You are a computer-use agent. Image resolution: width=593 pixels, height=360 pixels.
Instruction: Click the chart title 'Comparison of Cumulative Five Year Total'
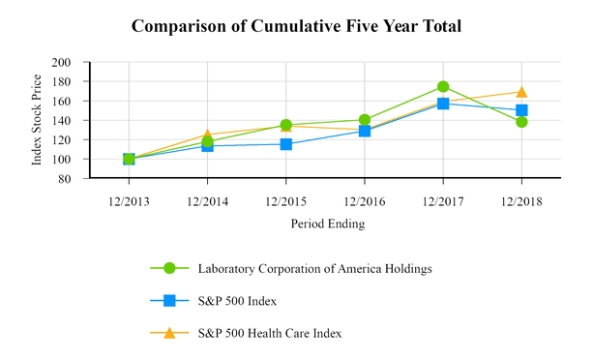pyautogui.click(x=296, y=25)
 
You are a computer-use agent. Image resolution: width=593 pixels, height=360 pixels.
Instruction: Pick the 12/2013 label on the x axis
pyautogui.click(x=129, y=201)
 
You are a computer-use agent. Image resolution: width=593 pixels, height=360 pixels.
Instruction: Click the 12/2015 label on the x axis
pyautogui.click(x=285, y=201)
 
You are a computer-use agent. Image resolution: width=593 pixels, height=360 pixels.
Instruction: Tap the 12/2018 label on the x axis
pyautogui.click(x=521, y=201)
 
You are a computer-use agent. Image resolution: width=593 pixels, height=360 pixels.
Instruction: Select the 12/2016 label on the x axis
pyautogui.click(x=364, y=201)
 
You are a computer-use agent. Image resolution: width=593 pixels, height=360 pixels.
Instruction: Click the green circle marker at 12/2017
pyautogui.click(x=443, y=87)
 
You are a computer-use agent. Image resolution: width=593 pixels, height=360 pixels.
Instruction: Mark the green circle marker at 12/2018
pyautogui.click(x=521, y=122)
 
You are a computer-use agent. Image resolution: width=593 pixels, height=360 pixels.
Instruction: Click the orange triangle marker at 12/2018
pyautogui.click(x=521, y=92)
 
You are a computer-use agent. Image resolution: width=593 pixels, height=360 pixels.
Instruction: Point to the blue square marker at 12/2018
pyautogui.click(x=521, y=110)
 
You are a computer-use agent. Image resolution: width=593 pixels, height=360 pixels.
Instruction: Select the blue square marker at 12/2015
pyautogui.click(x=285, y=144)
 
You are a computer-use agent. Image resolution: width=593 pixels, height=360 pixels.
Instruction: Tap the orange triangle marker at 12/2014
pyautogui.click(x=207, y=135)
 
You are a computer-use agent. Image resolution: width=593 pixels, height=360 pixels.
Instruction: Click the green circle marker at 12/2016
pyautogui.click(x=364, y=120)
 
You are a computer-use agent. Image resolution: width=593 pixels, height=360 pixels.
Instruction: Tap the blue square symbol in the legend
pyautogui.click(x=169, y=301)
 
